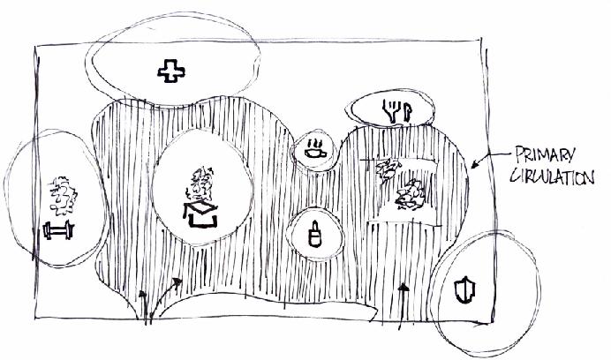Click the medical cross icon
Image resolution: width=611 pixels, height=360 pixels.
[166, 70]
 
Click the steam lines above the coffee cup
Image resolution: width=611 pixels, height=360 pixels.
[313, 140]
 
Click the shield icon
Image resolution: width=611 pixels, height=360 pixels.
[464, 289]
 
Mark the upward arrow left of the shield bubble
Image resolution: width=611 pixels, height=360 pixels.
[404, 297]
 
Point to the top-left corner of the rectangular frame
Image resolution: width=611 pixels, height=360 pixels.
[34, 49]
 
